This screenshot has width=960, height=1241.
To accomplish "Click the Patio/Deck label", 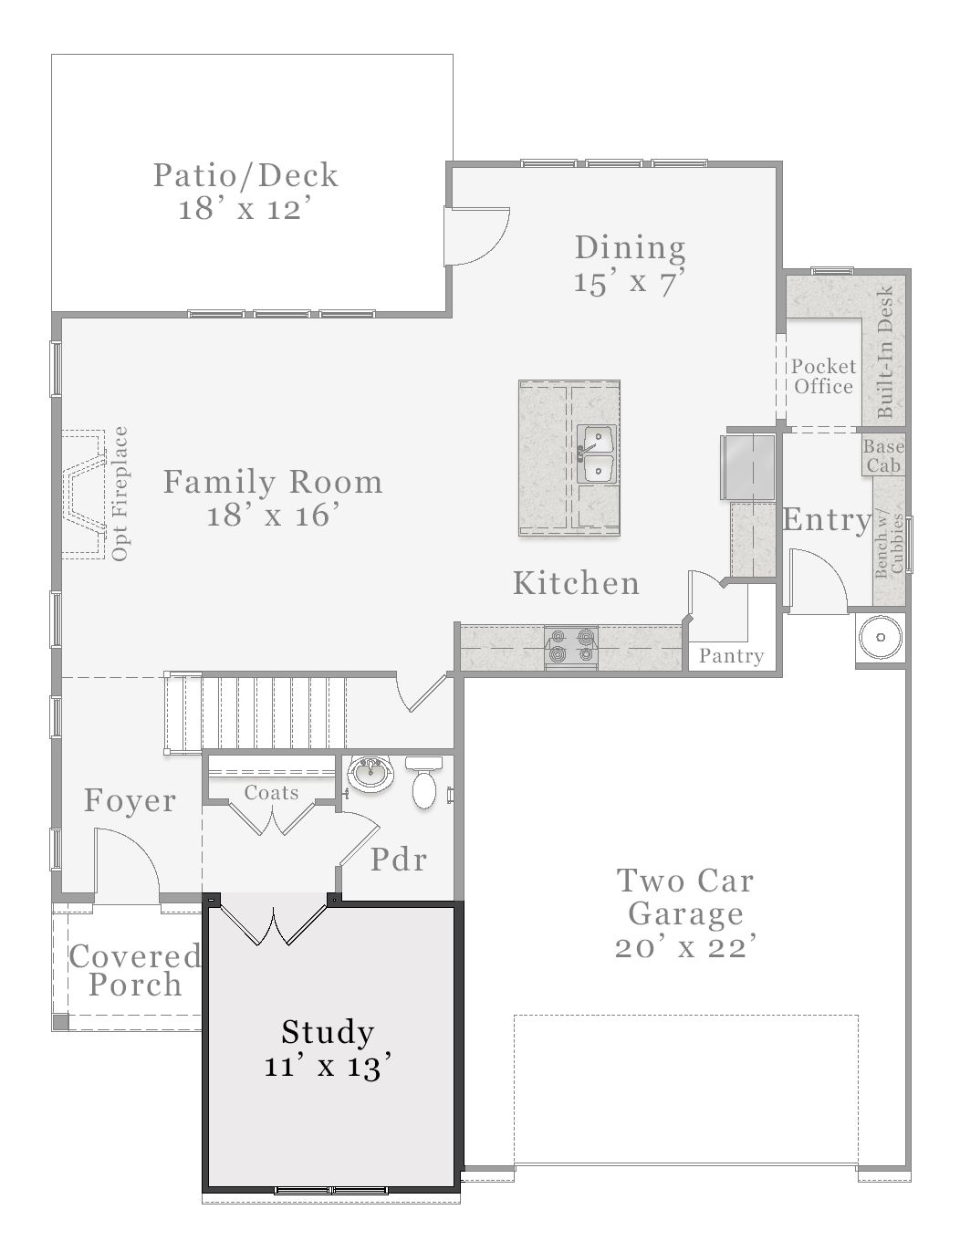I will click(x=245, y=175).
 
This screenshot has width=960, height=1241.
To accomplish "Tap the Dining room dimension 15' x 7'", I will click(x=630, y=282).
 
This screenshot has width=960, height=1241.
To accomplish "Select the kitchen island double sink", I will click(x=597, y=454).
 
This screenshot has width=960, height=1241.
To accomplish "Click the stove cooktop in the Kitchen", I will click(x=570, y=644).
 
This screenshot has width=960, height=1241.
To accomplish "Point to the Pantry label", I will click(x=731, y=656).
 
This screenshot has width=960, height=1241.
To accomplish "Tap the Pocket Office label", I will click(x=823, y=376).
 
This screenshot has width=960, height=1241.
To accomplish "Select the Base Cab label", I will click(x=883, y=456).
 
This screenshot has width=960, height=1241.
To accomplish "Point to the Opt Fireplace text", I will click(x=120, y=494).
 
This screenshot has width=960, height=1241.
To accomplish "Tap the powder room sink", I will click(x=371, y=774).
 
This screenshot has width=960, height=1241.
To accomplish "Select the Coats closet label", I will click(x=271, y=793).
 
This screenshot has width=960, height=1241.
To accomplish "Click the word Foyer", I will click(x=130, y=801).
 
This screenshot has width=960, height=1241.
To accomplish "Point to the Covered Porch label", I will click(x=134, y=970).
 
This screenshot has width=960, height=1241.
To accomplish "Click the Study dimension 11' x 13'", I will click(x=328, y=1066).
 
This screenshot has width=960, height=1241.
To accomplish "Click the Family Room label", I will click(x=272, y=482).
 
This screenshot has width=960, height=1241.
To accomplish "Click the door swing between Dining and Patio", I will click(x=477, y=235).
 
